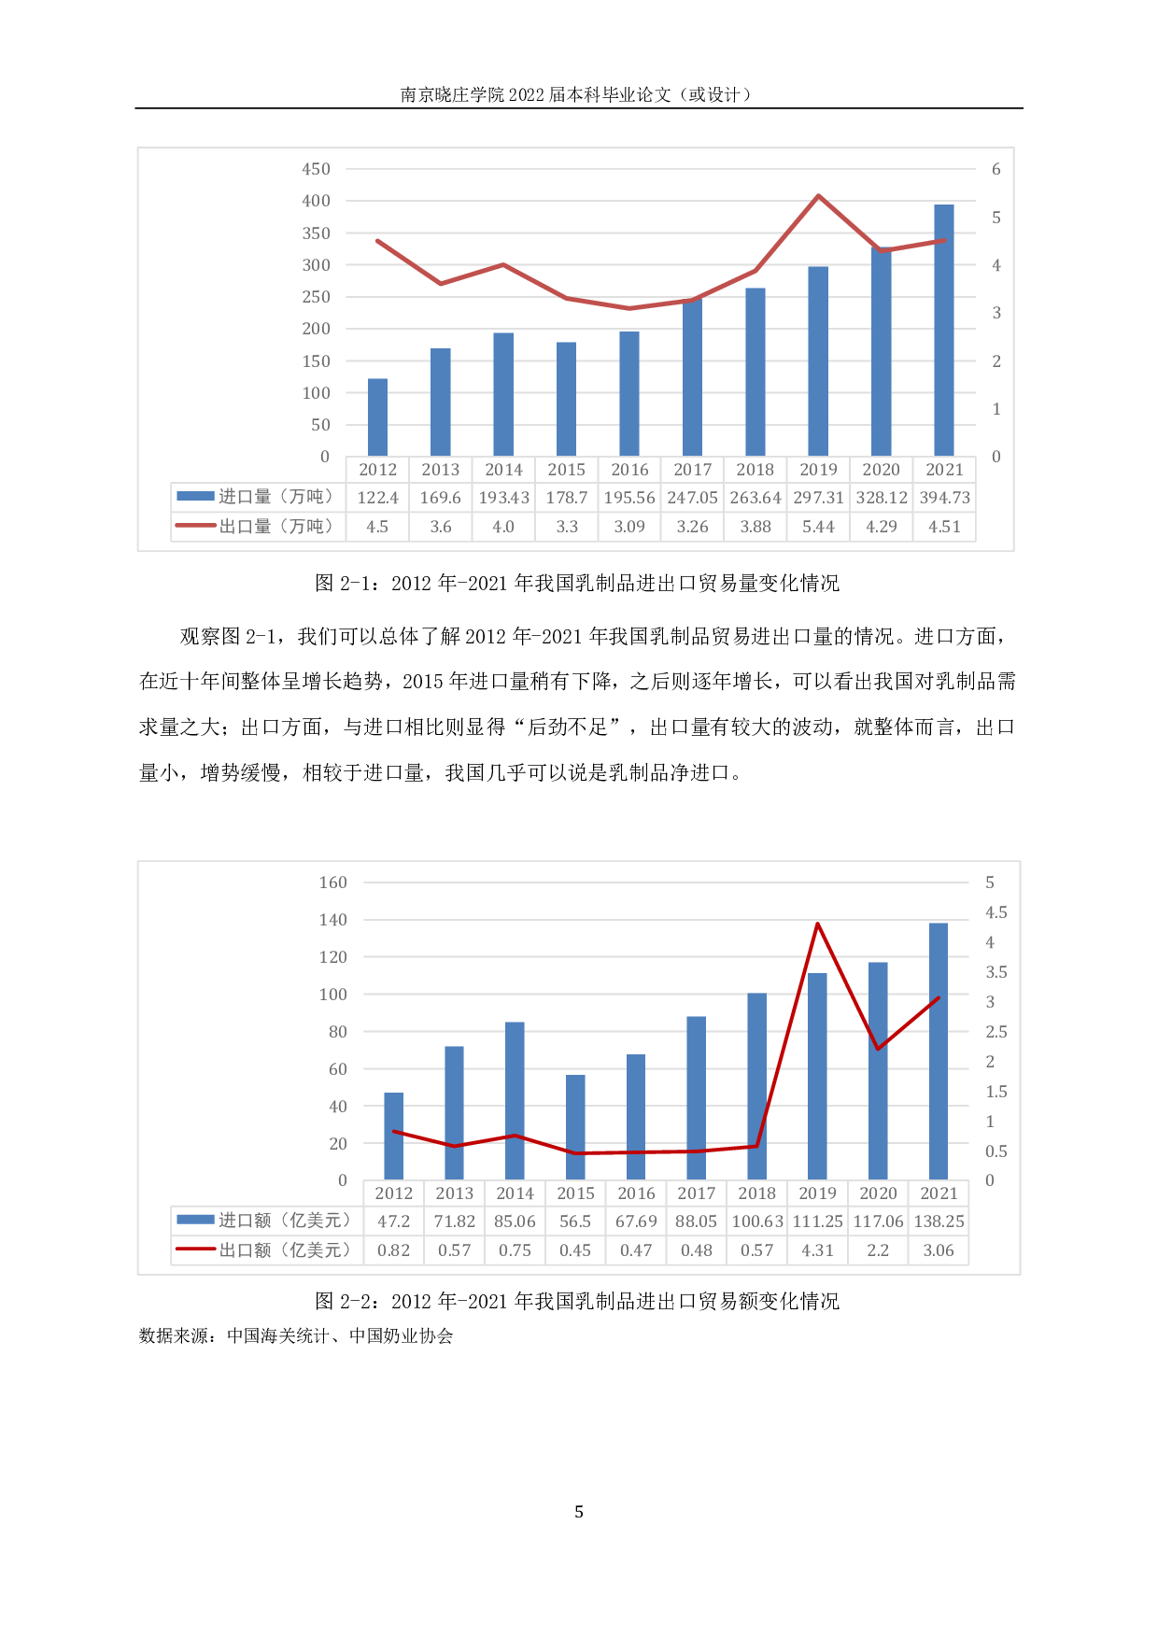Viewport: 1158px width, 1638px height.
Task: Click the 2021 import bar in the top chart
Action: coord(944,331)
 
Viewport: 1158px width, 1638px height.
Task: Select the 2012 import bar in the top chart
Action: coord(377,417)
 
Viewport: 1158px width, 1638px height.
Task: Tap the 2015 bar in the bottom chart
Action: coord(575,1127)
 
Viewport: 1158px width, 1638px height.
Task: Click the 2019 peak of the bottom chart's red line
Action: coord(817,925)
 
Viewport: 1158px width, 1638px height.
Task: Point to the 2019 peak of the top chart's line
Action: coord(818,196)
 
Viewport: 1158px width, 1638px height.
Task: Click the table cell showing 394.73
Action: coord(944,498)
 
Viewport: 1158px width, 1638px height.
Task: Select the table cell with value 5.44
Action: coord(818,527)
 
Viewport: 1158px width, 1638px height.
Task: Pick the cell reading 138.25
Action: coord(939,1221)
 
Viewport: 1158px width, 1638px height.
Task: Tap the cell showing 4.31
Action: coord(817,1250)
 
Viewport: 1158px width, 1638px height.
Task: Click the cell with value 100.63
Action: coord(757,1221)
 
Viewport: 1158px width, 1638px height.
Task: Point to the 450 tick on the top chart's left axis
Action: coord(317,169)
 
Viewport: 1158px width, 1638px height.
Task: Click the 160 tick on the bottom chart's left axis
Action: coord(333,883)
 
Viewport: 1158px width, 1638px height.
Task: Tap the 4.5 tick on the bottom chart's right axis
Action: coord(996,912)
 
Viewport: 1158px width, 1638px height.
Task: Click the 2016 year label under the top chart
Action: coord(629,470)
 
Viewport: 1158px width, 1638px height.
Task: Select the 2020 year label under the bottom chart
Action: coord(878,1193)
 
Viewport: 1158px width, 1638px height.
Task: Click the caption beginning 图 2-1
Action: coord(577,584)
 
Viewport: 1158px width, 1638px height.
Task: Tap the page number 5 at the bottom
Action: coord(579,1512)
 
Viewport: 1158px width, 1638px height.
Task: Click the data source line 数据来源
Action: coord(295,1336)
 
